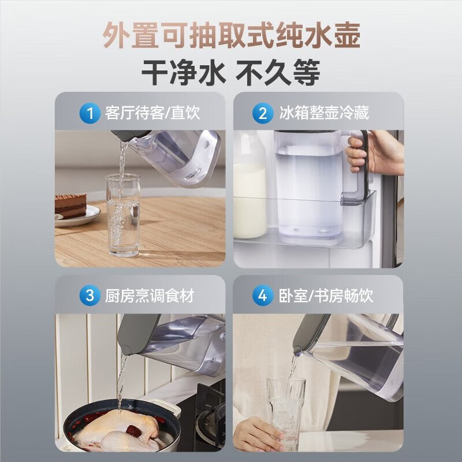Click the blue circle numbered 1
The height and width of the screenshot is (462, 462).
90,113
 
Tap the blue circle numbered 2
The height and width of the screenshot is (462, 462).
263,113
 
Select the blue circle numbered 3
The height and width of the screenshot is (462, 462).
90,296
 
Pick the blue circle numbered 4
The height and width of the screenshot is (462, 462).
263,296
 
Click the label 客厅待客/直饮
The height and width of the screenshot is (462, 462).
152,113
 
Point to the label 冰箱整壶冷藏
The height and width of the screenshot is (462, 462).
323,113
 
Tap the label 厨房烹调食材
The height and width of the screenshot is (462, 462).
149,296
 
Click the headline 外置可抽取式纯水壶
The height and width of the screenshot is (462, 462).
231,36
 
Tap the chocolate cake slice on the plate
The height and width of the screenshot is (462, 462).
70,206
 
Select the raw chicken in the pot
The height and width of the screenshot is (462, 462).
115,430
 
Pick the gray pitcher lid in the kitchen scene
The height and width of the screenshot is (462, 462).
139,333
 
